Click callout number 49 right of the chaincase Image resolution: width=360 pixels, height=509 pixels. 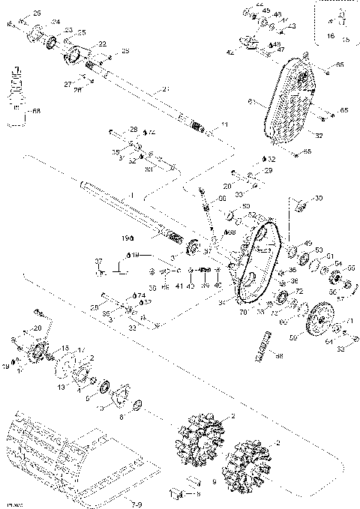(x=307, y=243)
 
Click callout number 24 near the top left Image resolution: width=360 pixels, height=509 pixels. (x=55, y=22)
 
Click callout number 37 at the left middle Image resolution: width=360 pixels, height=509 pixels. (x=97, y=260)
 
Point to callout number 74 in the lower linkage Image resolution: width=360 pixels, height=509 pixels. (x=141, y=295)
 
